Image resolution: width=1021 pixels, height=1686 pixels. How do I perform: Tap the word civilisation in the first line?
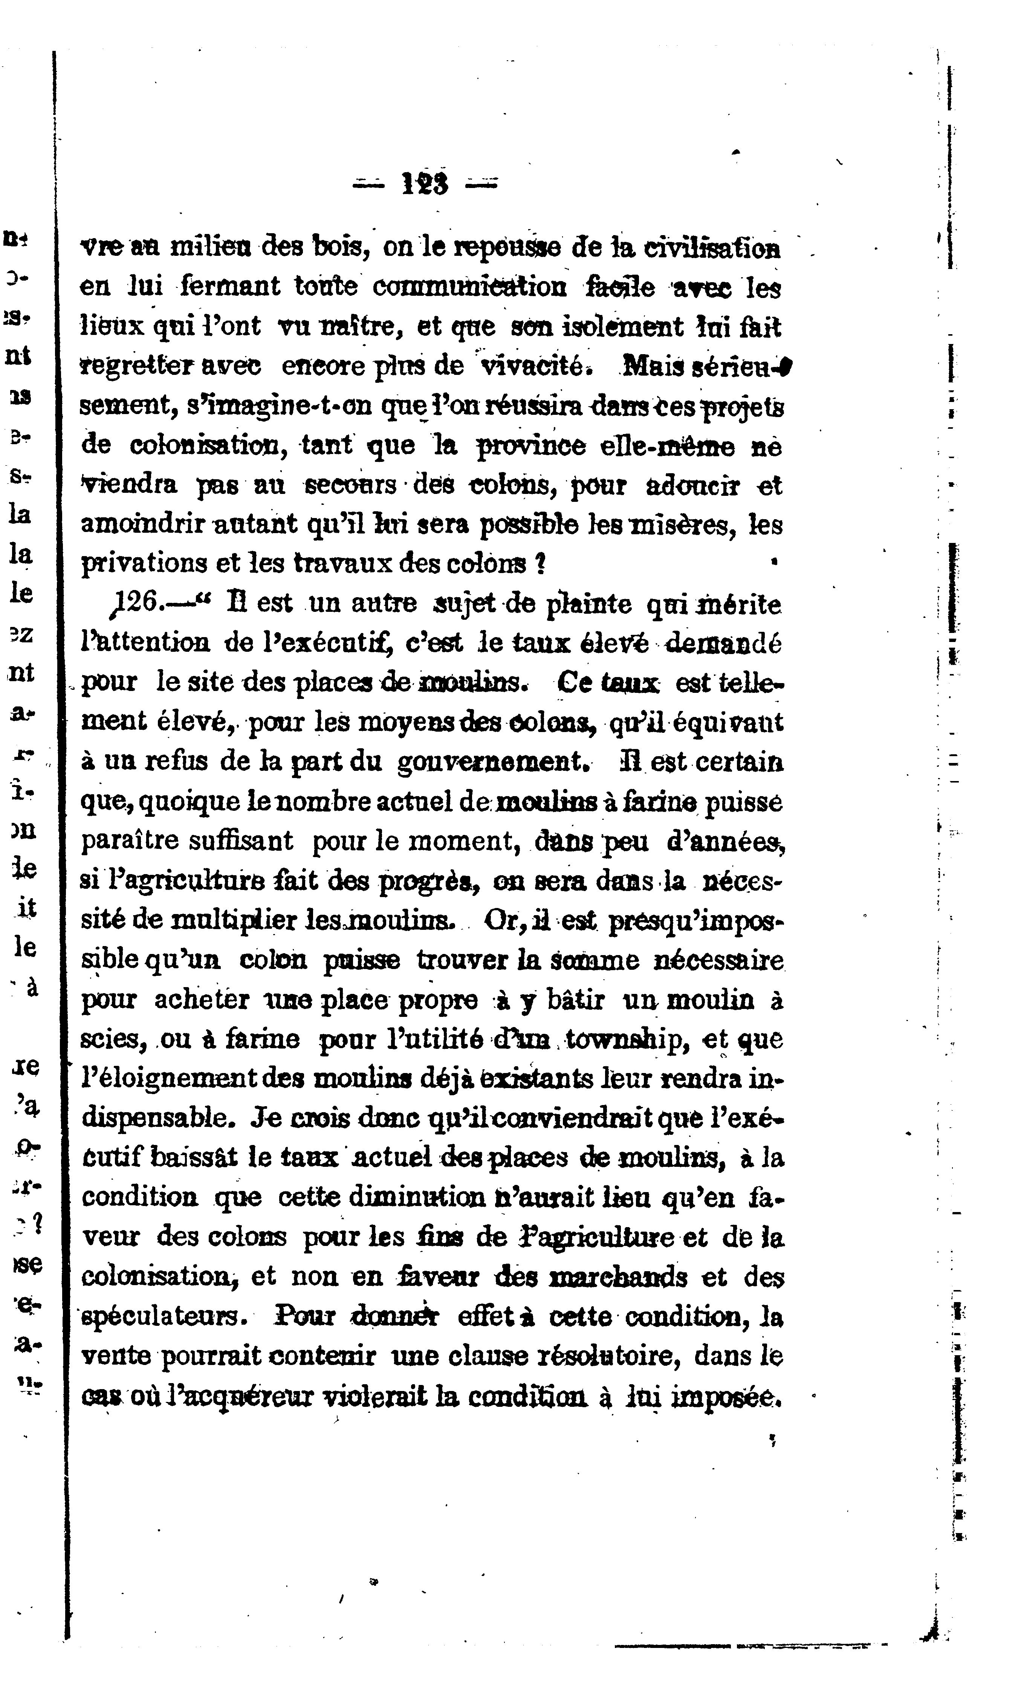712,248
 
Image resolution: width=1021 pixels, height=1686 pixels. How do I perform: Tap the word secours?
350,485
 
